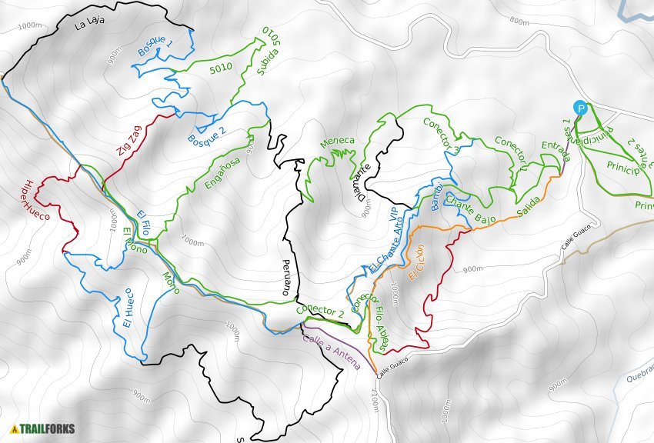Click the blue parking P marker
coord(581,108)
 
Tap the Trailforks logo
coord(43,428)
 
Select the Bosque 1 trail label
coord(155,46)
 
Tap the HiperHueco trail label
coord(35,202)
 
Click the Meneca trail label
coord(338,141)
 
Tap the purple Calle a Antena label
coord(332,350)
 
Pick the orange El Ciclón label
coord(416,262)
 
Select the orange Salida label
coord(528,206)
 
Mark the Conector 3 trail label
coord(442,135)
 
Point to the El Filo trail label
coord(143,223)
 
